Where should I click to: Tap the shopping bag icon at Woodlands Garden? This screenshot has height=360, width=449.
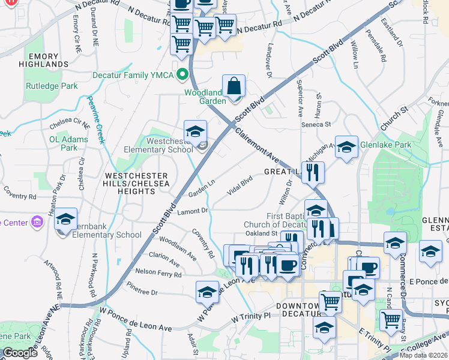click(234, 86)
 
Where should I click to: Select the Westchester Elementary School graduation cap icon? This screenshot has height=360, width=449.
click(195, 132)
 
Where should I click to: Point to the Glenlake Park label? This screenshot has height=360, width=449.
click(385, 145)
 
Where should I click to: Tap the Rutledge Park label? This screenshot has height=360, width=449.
click(52, 86)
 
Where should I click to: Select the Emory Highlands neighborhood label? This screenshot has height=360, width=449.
click(48, 60)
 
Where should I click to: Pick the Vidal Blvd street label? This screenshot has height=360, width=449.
click(239, 185)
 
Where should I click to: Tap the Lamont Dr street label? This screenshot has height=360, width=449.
click(192, 211)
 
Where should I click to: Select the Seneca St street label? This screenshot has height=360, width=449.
click(319, 124)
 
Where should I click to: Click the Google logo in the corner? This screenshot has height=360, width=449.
click(20, 353)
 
